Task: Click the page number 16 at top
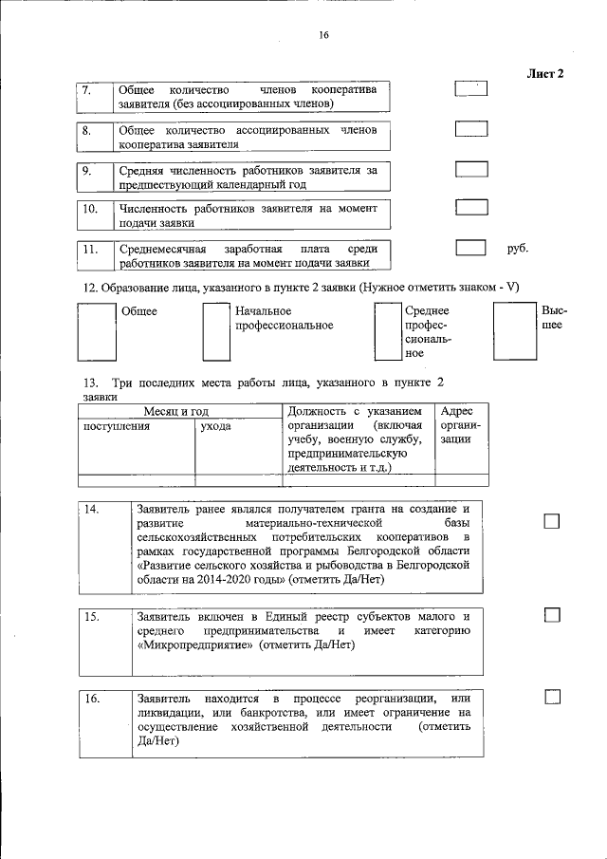tap(322, 35)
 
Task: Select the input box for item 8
tap(471, 129)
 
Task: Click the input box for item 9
tap(471, 169)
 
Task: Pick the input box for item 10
tap(471, 208)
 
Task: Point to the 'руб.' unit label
tap(518, 249)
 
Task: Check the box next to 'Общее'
tap(94, 331)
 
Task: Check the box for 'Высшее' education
tap(514, 331)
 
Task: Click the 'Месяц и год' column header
tap(175, 411)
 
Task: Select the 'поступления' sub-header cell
tap(117, 427)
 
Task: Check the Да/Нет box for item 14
tap(552, 521)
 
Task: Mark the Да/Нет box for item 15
tap(552, 616)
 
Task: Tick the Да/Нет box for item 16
tap(552, 699)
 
